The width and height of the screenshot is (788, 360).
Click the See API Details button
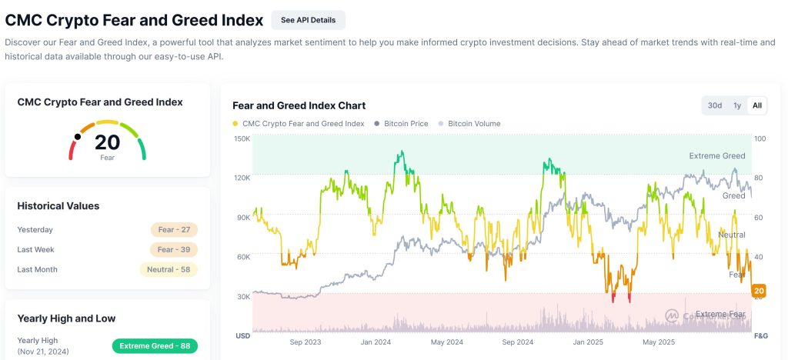click(x=308, y=20)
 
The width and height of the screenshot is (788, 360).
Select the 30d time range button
click(x=715, y=105)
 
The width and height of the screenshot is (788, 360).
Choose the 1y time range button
click(x=737, y=105)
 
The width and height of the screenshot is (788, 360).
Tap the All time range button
click(x=757, y=105)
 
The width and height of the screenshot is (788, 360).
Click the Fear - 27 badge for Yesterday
click(x=175, y=229)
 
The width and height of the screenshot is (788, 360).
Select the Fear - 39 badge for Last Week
click(x=175, y=249)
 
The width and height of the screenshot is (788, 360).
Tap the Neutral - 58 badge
click(x=169, y=269)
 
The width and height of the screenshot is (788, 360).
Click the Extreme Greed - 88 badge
click(x=155, y=346)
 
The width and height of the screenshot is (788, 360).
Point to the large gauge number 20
click(x=108, y=142)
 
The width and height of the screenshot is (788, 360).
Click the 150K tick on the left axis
click(x=242, y=138)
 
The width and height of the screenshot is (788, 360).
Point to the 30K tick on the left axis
click(x=244, y=296)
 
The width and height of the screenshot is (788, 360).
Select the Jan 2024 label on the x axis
click(x=377, y=342)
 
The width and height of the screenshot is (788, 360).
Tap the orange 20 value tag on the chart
click(x=759, y=291)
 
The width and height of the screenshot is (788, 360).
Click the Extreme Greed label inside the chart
click(x=716, y=156)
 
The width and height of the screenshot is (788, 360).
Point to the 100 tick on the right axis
click(x=760, y=138)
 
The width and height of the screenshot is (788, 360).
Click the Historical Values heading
click(x=58, y=206)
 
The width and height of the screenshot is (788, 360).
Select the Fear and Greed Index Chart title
click(x=299, y=105)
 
